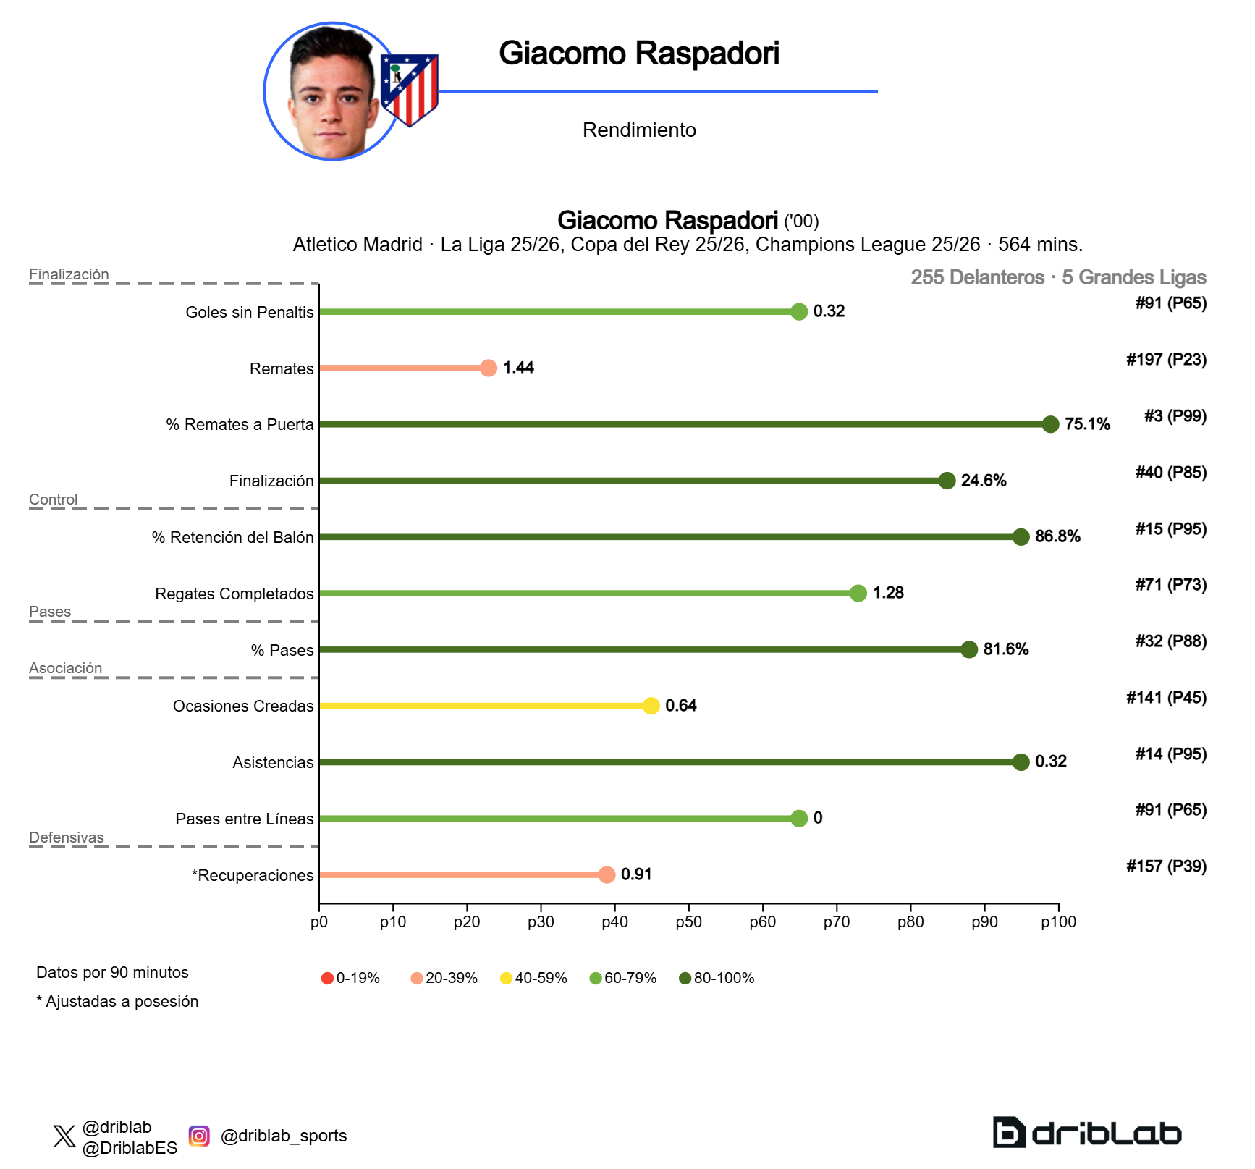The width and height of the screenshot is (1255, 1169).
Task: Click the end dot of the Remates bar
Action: pyautogui.click(x=489, y=368)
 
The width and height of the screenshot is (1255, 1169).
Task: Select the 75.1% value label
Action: pyautogui.click(x=1087, y=424)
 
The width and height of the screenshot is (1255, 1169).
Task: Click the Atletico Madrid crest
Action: pyautogui.click(x=410, y=89)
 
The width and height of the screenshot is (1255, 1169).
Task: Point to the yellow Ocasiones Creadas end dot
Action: pyautogui.click(x=651, y=706)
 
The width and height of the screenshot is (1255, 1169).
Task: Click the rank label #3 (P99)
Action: pyautogui.click(x=1175, y=416)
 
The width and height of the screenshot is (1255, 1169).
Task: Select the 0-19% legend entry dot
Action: pyautogui.click(x=327, y=979)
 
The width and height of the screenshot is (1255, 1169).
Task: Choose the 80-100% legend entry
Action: pyautogui.click(x=717, y=979)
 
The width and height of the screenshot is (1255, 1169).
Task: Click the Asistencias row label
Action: pyautogui.click(x=273, y=762)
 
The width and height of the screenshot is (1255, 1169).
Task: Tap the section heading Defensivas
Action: pyautogui.click(x=67, y=837)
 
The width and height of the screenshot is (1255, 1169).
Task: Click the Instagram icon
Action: pyautogui.click(x=199, y=1136)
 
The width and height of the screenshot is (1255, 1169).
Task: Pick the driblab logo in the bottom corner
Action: pyautogui.click(x=1086, y=1133)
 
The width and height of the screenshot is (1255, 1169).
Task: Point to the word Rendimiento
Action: pyautogui.click(x=639, y=130)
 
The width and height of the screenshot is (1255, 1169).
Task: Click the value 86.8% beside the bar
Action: pyautogui.click(x=1057, y=536)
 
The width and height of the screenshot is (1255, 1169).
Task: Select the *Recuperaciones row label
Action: pyautogui.click(x=253, y=875)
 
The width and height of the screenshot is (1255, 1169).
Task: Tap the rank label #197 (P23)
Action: pyautogui.click(x=1166, y=360)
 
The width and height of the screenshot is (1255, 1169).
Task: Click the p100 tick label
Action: pyautogui.click(x=1058, y=922)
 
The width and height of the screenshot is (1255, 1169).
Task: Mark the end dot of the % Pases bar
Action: pyautogui.click(x=969, y=649)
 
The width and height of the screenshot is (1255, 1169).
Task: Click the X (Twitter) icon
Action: pyautogui.click(x=64, y=1136)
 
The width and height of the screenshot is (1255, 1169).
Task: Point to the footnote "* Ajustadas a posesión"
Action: pyautogui.click(x=117, y=1002)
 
